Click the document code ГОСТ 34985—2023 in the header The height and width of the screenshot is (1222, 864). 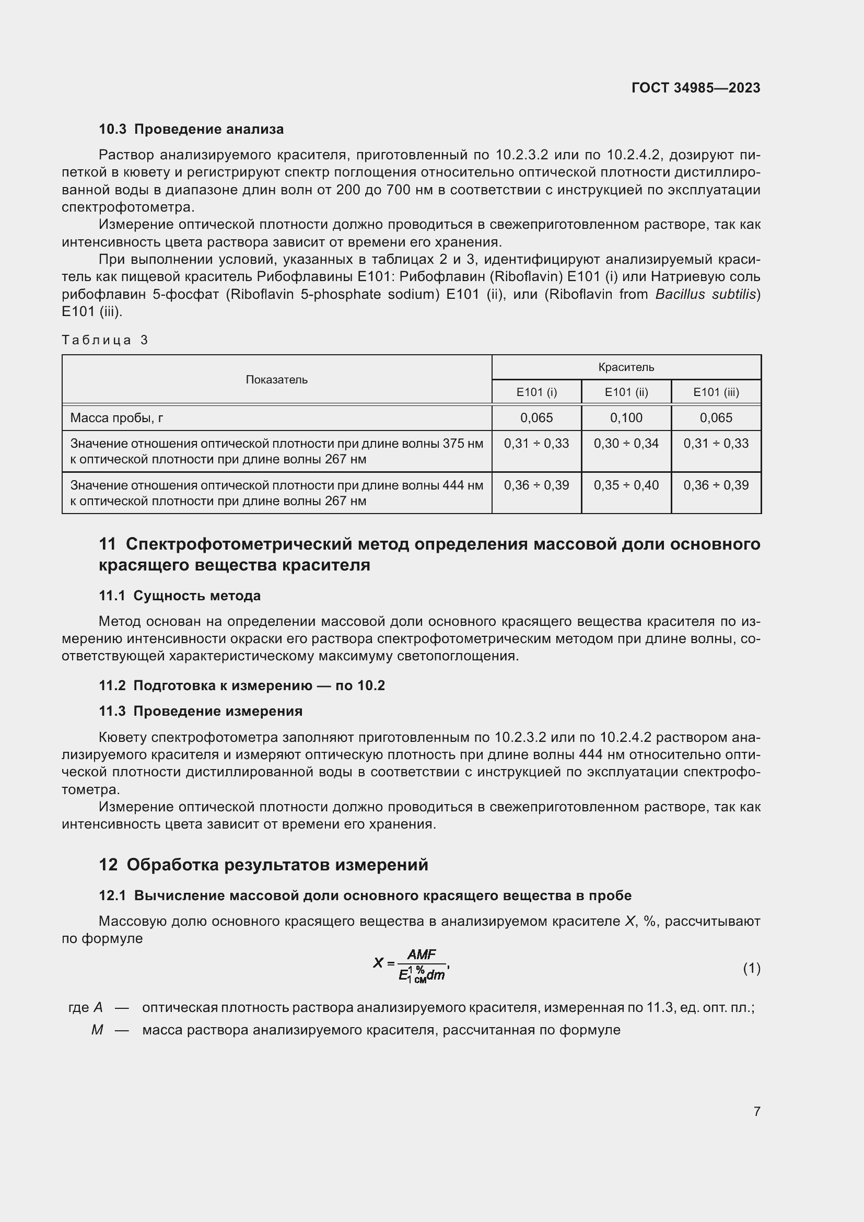point(695,88)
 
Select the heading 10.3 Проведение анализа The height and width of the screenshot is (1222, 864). point(191,130)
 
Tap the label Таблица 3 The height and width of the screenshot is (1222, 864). point(105,340)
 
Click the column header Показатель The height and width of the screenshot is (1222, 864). point(276,379)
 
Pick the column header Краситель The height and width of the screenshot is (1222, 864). point(626,367)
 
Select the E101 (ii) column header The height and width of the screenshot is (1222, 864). point(626,392)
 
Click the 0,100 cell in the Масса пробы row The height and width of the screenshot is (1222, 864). point(626,418)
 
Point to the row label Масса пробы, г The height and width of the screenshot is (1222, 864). point(116,418)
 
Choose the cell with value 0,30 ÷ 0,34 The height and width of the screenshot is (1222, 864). point(626,444)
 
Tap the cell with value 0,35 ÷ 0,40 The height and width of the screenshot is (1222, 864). point(626,485)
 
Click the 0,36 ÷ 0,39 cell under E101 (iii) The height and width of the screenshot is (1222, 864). point(716,485)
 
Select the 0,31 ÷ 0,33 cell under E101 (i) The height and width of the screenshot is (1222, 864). point(536,444)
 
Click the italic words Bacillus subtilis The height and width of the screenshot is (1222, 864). point(705,294)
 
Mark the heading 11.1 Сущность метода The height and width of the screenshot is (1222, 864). point(179,596)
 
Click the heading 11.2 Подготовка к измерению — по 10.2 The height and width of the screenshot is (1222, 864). point(241,685)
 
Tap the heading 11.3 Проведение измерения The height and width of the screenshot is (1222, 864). point(200,711)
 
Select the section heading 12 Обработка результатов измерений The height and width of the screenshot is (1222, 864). point(263,865)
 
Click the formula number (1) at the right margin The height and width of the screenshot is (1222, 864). point(751,968)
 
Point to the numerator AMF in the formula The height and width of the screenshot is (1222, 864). point(422,955)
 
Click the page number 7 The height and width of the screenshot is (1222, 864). point(756,1111)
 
